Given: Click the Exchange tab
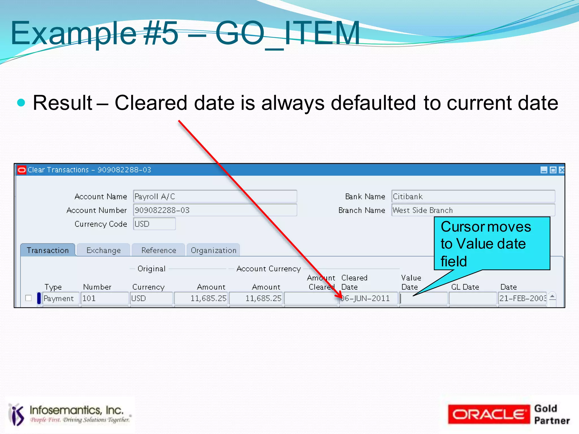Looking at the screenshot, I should tap(103, 250).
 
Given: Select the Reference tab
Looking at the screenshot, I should tap(159, 250).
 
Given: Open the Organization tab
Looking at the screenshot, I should tap(213, 250).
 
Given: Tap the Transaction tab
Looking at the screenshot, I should tap(48, 250).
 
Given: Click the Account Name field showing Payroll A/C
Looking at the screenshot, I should tap(215, 197).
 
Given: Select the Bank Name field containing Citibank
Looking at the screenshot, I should tap(473, 197).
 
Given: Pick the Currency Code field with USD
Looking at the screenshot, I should tap(154, 224).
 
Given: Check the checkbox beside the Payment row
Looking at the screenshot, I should tap(29, 298).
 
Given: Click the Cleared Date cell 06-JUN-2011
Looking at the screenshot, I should tap(368, 298).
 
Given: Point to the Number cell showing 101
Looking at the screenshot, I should tap(105, 298).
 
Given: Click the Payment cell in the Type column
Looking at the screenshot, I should tap(61, 298).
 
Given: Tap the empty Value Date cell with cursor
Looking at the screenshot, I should tap(423, 298).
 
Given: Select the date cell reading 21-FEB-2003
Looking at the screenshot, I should tap(522, 298).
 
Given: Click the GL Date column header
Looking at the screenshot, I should tap(465, 287).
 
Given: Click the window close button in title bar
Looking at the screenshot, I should tap(562, 170).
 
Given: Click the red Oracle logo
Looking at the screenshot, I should tap(489, 414).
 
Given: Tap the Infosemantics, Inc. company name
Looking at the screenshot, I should tap(77, 410).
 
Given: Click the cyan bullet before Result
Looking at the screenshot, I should tap(21, 102).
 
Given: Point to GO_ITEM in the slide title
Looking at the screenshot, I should tap(287, 33).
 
